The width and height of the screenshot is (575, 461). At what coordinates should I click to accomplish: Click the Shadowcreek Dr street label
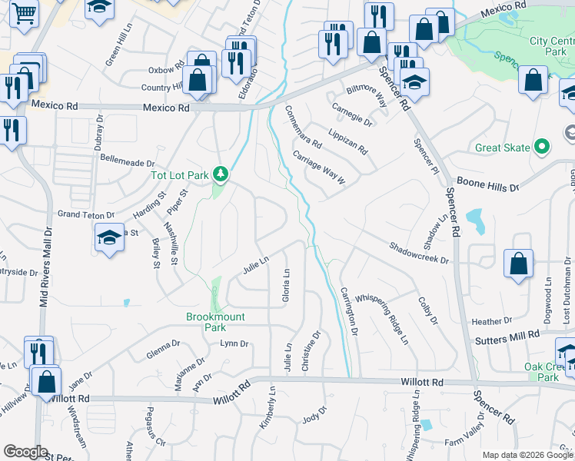point(419,254)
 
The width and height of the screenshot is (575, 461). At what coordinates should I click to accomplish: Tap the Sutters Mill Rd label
point(507,337)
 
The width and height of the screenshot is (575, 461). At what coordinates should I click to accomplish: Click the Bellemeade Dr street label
point(128,163)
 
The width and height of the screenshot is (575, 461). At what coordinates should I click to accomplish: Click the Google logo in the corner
point(26,452)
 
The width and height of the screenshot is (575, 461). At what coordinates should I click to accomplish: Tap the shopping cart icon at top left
point(24,13)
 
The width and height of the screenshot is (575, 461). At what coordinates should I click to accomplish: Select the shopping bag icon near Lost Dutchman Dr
point(519,263)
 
